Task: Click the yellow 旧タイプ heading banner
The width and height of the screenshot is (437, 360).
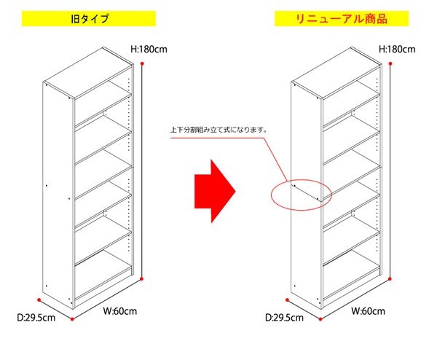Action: [89, 19]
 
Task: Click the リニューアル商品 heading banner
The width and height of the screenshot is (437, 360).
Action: [342, 19]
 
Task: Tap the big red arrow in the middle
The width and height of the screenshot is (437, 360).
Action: [215, 191]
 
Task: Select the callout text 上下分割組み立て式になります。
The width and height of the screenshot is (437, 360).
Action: [219, 130]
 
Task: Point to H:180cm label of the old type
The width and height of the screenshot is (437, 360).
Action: [149, 50]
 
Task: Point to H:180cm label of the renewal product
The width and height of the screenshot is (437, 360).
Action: [397, 50]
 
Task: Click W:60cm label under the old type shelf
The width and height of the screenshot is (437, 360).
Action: [120, 311]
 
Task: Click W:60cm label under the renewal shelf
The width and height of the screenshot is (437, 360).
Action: [368, 311]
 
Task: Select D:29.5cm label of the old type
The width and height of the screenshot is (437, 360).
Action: [36, 318]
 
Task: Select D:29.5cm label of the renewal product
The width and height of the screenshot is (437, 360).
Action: [284, 318]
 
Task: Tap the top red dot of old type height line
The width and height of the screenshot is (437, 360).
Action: [142, 63]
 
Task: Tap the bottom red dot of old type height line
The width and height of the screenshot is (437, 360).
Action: [141, 278]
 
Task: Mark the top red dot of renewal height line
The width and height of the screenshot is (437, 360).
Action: [390, 63]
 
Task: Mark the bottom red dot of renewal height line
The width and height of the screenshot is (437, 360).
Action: [390, 278]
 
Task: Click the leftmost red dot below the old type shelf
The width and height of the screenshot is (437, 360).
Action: [39, 300]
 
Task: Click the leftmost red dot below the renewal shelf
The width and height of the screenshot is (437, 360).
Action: [288, 300]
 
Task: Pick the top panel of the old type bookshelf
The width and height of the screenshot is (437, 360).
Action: [88, 73]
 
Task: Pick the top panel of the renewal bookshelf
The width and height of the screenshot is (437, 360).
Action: [336, 73]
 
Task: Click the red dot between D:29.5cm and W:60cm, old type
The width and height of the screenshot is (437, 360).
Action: [72, 318]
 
